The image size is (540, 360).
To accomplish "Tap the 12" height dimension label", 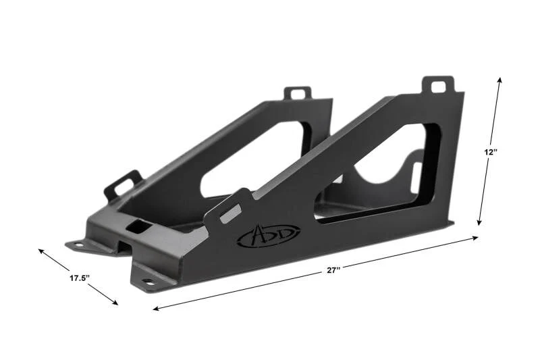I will pyautogui.click(x=490, y=152).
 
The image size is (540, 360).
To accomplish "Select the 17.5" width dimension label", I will pyautogui.click(x=80, y=278).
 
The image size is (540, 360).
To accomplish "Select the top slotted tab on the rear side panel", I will pyautogui.click(x=298, y=93).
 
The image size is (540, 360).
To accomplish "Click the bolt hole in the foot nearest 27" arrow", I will pyautogui.click(x=146, y=282).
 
